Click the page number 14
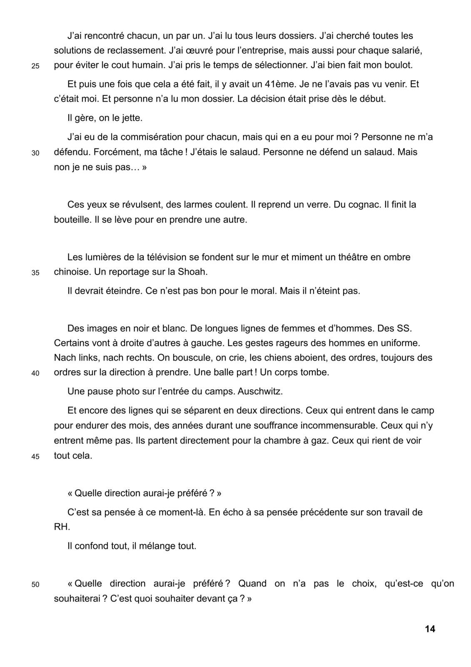[430, 629]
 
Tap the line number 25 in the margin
[35, 66]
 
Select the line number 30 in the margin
[35, 153]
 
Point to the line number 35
[35, 273]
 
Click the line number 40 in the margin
[35, 374]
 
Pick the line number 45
[35, 456]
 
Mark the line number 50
[35, 585]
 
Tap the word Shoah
[192, 272]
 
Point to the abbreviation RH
[62, 527]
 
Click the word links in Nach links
[86, 358]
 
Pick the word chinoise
[72, 272]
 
